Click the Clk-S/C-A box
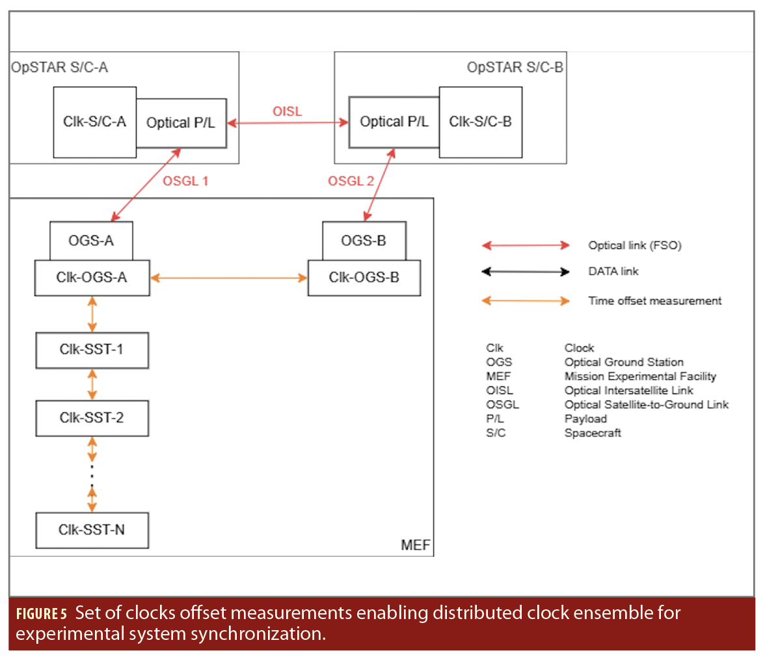click(94, 122)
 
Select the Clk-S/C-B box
click(480, 122)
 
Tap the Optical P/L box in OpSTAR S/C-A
click(181, 122)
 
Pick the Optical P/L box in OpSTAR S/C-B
click(394, 122)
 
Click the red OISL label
click(287, 113)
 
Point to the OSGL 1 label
click(185, 181)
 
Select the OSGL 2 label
click(352, 181)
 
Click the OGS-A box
click(91, 241)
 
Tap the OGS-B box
click(364, 241)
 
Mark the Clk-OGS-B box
click(364, 278)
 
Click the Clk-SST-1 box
click(92, 350)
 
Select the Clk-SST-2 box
click(92, 417)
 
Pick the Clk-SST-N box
click(92, 529)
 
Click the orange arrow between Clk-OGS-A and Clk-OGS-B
click(229, 278)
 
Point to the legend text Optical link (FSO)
click(634, 246)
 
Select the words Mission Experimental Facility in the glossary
click(640, 377)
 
